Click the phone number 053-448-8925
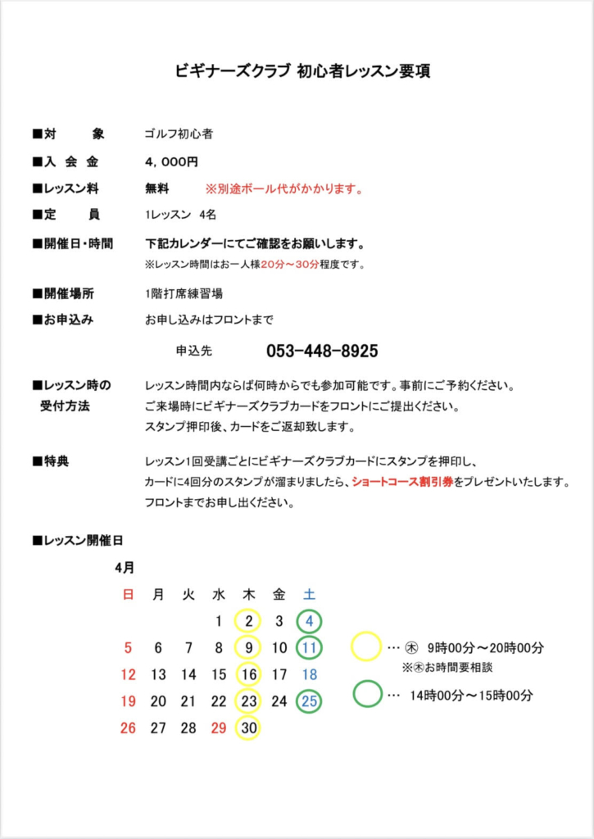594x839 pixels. (x=322, y=351)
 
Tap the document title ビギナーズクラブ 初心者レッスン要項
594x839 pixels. (x=302, y=71)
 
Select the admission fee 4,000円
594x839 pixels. (x=171, y=162)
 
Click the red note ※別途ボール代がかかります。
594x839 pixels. (x=284, y=189)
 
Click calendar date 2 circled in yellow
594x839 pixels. (x=249, y=622)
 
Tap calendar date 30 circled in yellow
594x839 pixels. (x=249, y=728)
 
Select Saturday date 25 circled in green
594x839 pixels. (x=309, y=701)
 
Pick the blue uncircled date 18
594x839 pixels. (x=309, y=675)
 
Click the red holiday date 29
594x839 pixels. (x=219, y=728)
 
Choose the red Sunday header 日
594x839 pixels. (x=128, y=595)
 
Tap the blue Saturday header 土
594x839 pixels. (x=309, y=595)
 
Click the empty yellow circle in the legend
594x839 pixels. (x=366, y=647)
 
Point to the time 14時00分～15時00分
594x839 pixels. (x=470, y=696)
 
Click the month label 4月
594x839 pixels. (x=125, y=567)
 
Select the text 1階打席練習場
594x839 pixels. (x=184, y=293)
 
